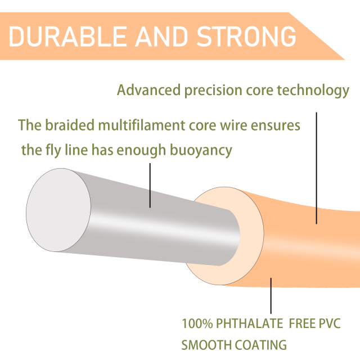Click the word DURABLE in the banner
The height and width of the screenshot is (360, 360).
coord(67,36)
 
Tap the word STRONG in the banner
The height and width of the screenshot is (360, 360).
coord(246,36)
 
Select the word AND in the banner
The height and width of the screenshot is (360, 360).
coord(161,36)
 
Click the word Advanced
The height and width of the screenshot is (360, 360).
coord(148,90)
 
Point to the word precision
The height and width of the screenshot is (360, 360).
coord(213,91)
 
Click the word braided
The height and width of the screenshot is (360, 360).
coord(70,125)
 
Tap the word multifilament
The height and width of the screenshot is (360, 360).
coord(142,125)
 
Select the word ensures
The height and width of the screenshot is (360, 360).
coord(276,126)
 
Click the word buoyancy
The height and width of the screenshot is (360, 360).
coord(201,151)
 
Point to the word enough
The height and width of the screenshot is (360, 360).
coord(141,151)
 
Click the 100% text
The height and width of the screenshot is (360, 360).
coord(197,323)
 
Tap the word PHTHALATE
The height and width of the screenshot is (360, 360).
coord(250,323)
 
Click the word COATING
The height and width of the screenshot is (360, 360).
coord(261,345)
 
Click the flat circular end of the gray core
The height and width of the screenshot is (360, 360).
coord(58,210)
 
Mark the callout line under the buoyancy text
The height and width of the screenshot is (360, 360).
coord(150,186)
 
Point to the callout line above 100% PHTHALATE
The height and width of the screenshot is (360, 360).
coord(271,296)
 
